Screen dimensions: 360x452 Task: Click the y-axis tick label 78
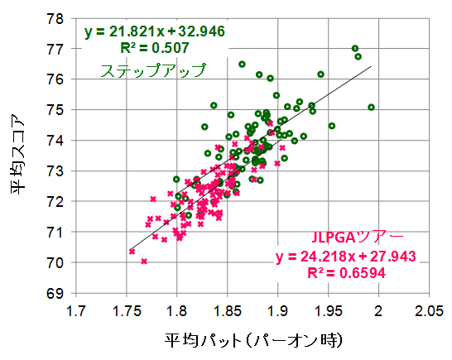55,17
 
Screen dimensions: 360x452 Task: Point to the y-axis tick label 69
55,294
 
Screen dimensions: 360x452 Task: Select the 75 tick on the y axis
55,110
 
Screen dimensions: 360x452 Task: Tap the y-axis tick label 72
55,202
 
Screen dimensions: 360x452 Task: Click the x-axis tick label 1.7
76,311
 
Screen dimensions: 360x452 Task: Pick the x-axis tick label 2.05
428,311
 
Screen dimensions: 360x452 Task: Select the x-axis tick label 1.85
227,311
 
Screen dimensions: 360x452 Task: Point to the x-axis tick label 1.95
328,311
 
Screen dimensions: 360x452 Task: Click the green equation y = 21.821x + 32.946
143,33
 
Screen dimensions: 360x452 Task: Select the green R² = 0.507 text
143,49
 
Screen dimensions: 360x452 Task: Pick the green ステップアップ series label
152,71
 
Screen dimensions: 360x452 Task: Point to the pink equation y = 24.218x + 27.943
345,256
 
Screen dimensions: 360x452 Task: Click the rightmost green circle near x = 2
371,107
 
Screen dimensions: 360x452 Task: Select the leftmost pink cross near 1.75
132,252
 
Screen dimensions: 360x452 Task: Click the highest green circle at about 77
355,48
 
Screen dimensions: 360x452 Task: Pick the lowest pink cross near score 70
144,262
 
